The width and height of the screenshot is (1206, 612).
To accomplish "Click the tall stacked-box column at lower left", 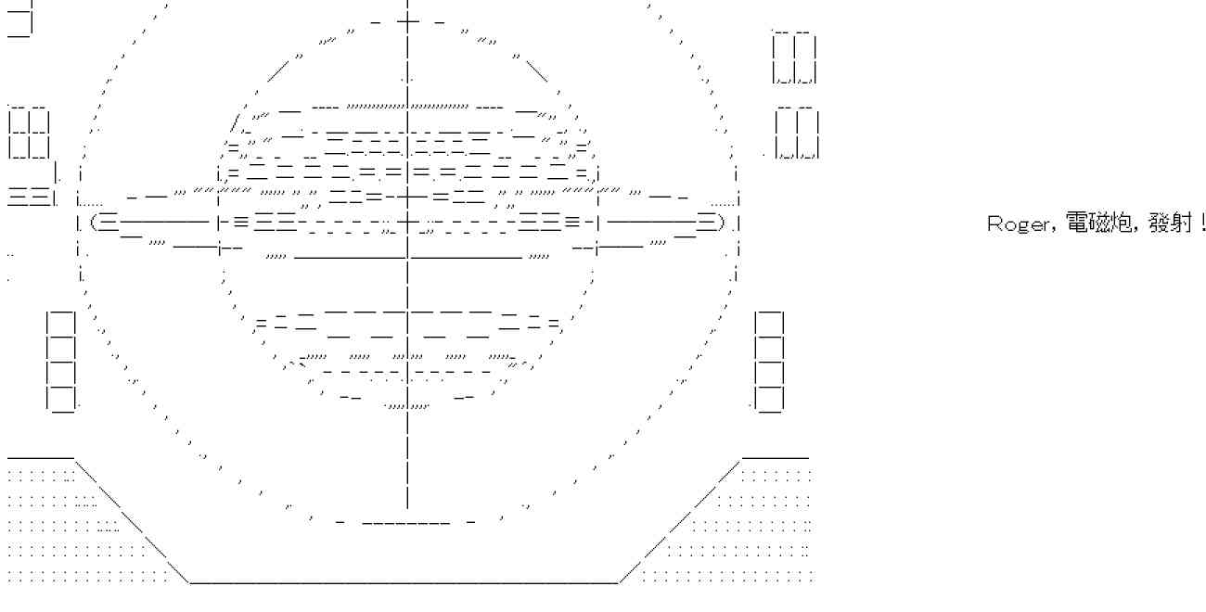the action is (x=61, y=362).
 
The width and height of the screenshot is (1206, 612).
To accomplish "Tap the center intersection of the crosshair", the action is (x=407, y=223).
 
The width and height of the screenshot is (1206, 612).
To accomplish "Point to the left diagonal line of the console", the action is (x=130, y=519).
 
